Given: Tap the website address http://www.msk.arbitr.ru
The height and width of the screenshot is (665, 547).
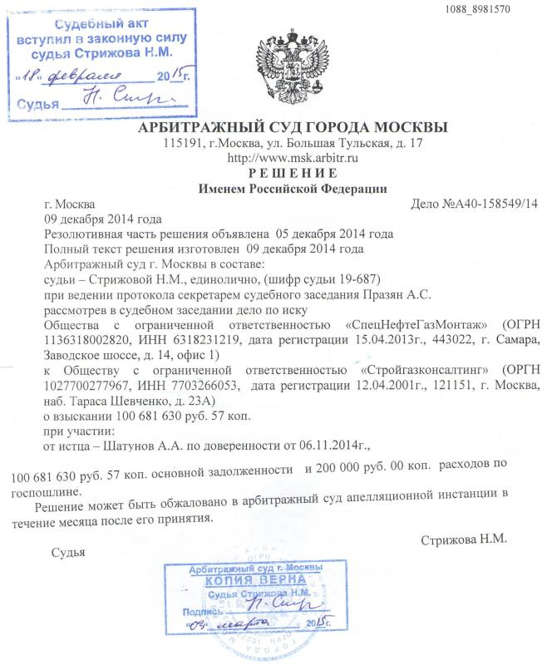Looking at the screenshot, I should (x=286, y=158).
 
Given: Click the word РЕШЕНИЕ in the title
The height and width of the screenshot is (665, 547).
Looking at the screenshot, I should (x=286, y=173).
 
